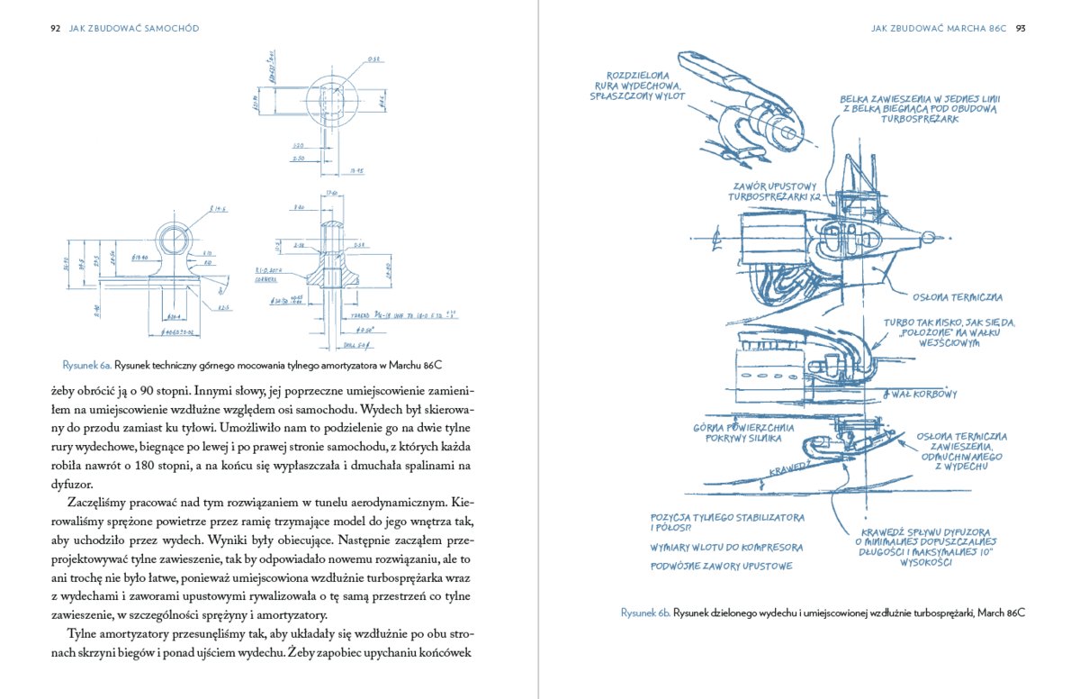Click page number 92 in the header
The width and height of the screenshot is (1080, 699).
click(55, 29)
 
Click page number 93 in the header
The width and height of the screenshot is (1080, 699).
click(1021, 29)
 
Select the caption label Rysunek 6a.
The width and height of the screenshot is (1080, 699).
click(86, 366)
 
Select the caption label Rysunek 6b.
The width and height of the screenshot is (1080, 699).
click(644, 613)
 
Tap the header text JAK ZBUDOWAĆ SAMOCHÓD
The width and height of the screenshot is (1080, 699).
click(134, 29)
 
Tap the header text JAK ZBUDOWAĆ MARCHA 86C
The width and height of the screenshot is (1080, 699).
click(938, 29)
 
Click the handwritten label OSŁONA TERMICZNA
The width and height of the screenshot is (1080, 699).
click(958, 297)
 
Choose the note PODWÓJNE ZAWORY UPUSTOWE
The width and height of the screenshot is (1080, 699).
click(721, 566)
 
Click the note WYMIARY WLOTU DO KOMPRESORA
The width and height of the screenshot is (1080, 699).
click(726, 547)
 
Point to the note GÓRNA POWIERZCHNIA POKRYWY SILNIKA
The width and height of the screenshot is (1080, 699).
click(738, 433)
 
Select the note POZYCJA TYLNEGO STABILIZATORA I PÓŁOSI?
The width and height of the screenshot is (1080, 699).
click(725, 522)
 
